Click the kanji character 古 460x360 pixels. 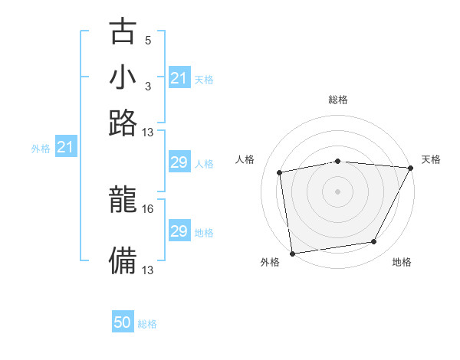click(123, 31)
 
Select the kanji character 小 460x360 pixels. click(123, 77)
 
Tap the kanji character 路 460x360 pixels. click(123, 123)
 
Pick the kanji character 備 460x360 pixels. click(123, 260)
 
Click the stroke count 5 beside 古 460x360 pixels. click(147, 40)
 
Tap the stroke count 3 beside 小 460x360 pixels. click(147, 86)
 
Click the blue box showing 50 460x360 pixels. click(123, 322)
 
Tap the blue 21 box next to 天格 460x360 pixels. click(179, 78)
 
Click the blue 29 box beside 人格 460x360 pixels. click(179, 163)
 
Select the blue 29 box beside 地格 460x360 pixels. click(179, 231)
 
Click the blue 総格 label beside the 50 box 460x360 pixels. click(147, 324)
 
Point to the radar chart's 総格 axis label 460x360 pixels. click(337, 100)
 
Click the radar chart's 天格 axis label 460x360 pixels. click(431, 159)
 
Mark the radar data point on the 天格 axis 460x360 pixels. click(410, 168)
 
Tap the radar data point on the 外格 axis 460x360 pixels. click(292, 253)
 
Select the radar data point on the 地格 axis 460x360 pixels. click(374, 242)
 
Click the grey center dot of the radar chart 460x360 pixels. click(337, 191)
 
